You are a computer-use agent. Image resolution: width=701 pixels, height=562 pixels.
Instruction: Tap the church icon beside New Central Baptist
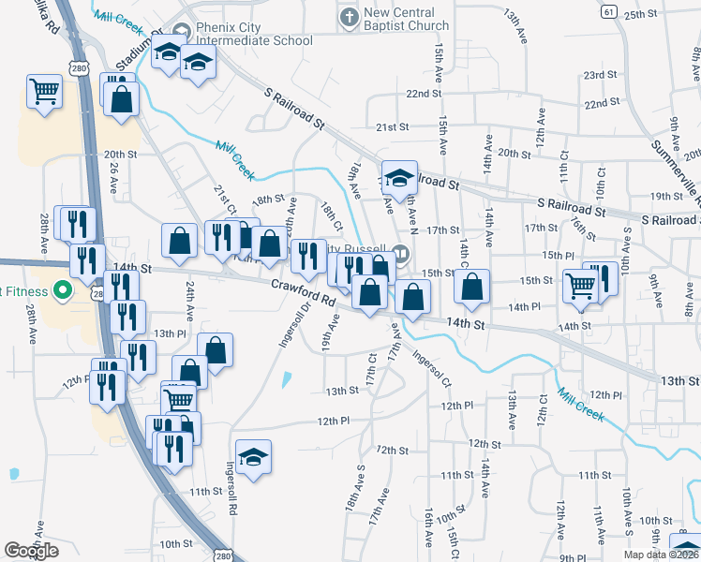point(350,16)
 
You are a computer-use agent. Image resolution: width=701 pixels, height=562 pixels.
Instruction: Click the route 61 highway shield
point(609,11)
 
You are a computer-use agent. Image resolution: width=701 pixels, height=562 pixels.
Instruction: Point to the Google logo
point(32,551)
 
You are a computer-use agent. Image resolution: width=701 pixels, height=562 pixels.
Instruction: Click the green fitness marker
point(63,290)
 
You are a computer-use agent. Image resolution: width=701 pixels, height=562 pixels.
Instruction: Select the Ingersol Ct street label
point(433,371)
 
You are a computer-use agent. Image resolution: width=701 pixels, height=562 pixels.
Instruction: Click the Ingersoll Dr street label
point(287,323)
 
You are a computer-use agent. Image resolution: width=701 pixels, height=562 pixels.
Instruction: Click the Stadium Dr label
point(133,55)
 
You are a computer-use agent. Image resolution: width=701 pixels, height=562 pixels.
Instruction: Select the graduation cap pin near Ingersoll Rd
point(253,457)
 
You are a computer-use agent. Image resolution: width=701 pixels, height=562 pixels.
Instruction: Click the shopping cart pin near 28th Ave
point(44,93)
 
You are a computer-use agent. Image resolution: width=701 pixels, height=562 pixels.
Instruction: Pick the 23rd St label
point(600,75)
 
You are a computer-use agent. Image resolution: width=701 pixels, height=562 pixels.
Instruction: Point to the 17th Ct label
point(371,367)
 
